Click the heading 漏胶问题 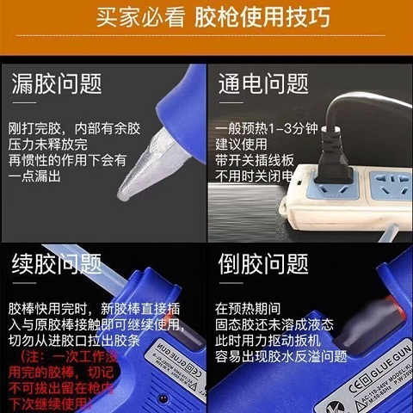57,84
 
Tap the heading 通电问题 263,84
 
